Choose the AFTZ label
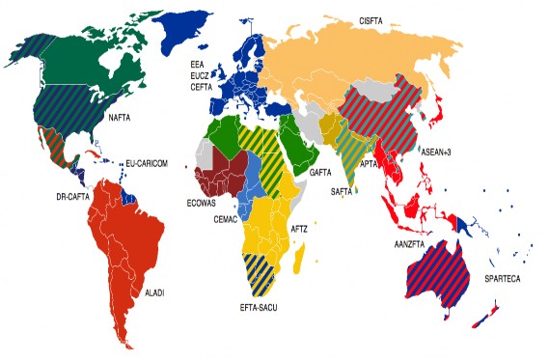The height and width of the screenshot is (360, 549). pyautogui.click(x=300, y=229)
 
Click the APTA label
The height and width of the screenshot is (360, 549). pyautogui.click(x=369, y=165)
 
